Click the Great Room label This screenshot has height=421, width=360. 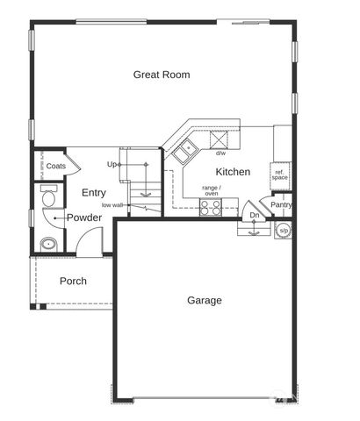coord(162,75)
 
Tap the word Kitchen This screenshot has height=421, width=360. coord(233,172)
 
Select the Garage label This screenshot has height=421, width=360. coord(205,301)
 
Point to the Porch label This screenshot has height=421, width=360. coord(73,281)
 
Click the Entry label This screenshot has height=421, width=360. coord(94,193)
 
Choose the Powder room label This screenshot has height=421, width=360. coord(84,218)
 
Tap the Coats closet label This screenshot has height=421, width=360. coord(56,166)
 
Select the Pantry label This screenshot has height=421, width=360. coord(281,205)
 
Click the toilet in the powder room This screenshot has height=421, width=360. coord(48,196)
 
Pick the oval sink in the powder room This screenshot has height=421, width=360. coord(48,244)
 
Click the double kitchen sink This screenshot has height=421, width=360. coord(185,151)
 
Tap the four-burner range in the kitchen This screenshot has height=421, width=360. coord(210,207)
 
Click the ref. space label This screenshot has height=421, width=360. coord(279,175)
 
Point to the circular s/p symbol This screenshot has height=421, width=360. coord(284,231)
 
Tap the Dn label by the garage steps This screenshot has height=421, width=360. coord(255,215)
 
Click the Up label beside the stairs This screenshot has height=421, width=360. coord(112,165)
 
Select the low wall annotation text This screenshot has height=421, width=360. coord(112,205)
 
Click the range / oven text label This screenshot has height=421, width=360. coord(212,190)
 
